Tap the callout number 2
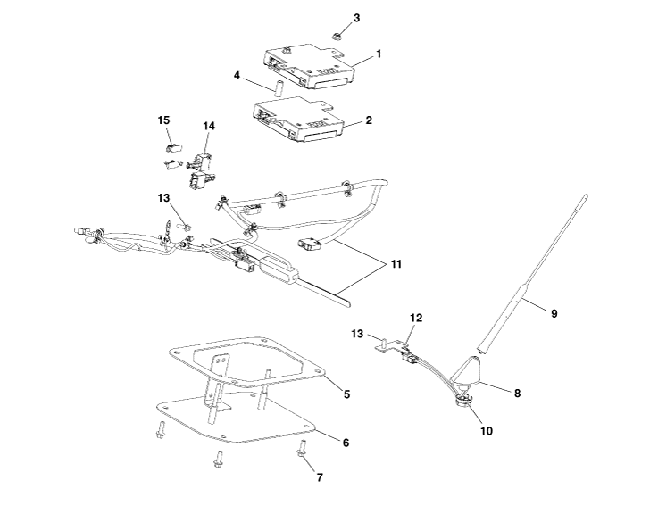(x=369, y=120)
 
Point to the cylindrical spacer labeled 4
(x=277, y=89)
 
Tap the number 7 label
(x=319, y=477)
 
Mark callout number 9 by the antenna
(x=554, y=313)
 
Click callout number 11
(x=385, y=264)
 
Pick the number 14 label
(x=208, y=126)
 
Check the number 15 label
(x=163, y=120)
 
